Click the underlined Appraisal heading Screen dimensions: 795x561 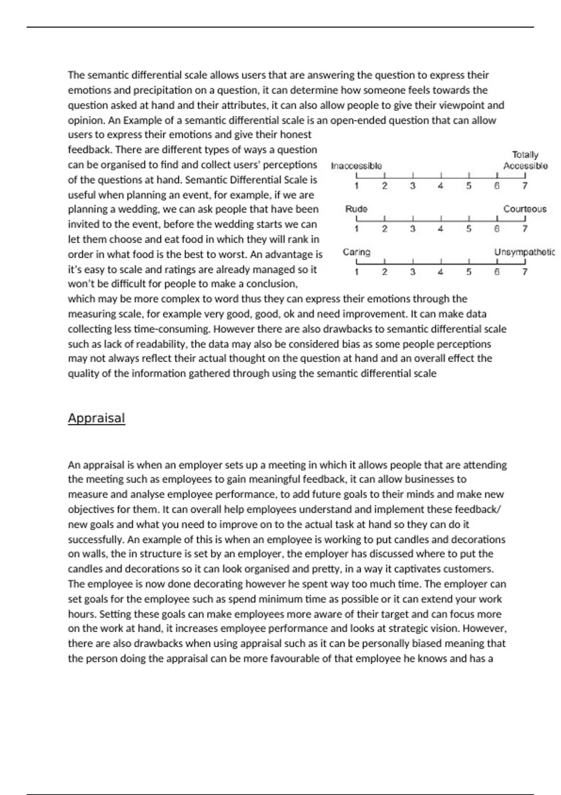96,418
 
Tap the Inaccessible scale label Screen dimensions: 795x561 356,166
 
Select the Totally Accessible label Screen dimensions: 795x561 525,160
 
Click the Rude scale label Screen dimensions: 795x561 356,209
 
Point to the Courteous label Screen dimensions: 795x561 525,209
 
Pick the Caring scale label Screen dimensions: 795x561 356,252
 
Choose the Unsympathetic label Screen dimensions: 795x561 525,252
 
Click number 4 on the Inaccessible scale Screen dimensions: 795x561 440,186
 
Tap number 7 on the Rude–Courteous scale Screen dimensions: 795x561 525,229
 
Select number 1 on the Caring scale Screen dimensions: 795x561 357,272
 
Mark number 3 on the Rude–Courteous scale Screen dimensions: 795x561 412,229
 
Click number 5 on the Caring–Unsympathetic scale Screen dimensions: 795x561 468,272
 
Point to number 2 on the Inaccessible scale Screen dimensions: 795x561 384,186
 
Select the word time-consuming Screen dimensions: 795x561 171,329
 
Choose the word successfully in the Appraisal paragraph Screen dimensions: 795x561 96,540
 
